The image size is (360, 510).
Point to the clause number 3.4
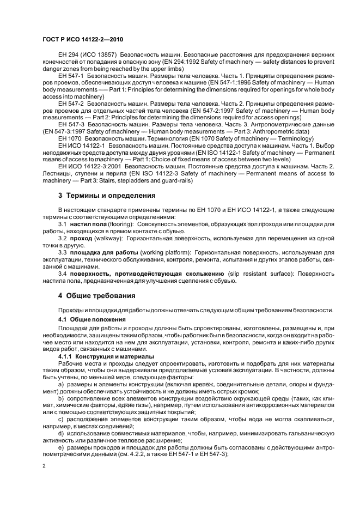click(x=62, y=274)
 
